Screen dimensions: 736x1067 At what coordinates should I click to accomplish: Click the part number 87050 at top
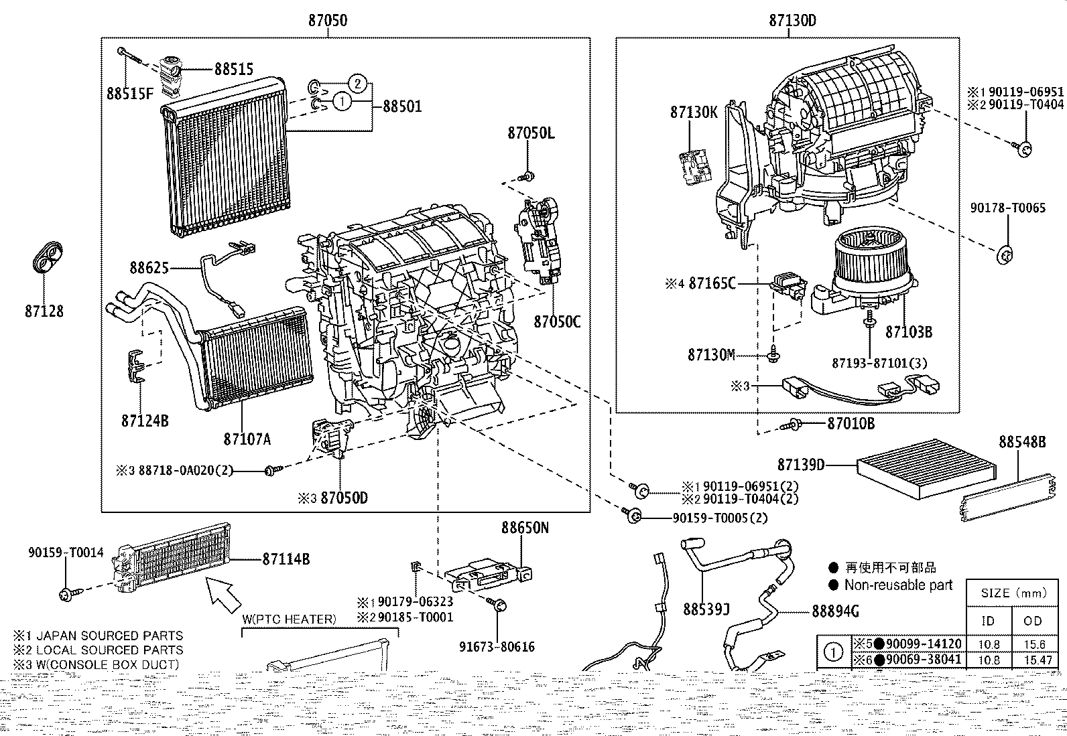tap(328, 20)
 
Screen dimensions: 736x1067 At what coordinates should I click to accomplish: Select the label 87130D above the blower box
tap(792, 20)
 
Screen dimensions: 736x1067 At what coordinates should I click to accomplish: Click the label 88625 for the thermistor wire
tap(149, 268)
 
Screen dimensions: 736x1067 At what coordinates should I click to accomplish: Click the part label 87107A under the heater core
tap(247, 439)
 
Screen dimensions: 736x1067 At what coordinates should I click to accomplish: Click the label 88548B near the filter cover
tap(1021, 442)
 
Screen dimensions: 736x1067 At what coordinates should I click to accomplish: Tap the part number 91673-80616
tap(497, 646)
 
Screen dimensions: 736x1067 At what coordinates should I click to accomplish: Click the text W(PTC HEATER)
tap(289, 619)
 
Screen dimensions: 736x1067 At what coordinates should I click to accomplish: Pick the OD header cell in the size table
tap(1033, 620)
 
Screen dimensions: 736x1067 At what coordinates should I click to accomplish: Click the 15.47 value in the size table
tap(1033, 660)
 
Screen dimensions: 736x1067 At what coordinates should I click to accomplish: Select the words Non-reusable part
tap(898, 585)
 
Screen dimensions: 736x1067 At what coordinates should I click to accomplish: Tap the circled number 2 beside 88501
tap(359, 84)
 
